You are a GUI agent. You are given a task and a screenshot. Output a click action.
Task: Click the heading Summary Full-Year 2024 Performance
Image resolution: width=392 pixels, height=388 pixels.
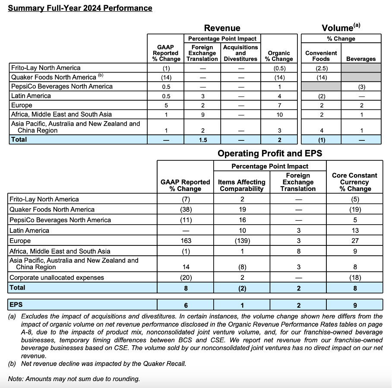pyautogui.click(x=80, y=8)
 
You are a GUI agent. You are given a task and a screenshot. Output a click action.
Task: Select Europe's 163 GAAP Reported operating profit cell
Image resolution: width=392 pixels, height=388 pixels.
pyautogui.click(x=185, y=241)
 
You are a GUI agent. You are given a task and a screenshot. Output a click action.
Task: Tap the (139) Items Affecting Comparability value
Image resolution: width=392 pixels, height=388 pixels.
pyautogui.click(x=242, y=241)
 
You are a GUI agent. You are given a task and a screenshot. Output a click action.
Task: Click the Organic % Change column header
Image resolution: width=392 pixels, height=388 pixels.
pyautogui.click(x=279, y=56)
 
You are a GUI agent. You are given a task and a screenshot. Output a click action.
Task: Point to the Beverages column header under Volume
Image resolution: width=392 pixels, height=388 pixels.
pyautogui.click(x=361, y=59)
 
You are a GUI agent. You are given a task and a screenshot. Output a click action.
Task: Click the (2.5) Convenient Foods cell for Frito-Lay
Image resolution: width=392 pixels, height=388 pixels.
pyautogui.click(x=321, y=68)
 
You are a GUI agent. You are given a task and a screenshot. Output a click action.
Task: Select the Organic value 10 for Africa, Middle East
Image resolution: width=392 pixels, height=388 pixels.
pyautogui.click(x=279, y=114)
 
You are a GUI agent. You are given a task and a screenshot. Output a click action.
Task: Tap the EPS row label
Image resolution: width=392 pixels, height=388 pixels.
pyautogui.click(x=16, y=305)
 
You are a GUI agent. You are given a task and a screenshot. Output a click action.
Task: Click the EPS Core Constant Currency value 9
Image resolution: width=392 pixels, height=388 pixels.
pyautogui.click(x=354, y=305)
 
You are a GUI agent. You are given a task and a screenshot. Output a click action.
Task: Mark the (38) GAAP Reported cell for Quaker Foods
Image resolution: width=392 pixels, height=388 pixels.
pyautogui.click(x=185, y=210)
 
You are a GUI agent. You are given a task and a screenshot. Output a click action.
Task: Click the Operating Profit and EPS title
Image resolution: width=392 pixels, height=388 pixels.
pyautogui.click(x=269, y=153)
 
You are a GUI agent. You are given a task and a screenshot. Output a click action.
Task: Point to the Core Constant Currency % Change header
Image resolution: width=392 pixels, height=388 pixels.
pyautogui.click(x=354, y=182)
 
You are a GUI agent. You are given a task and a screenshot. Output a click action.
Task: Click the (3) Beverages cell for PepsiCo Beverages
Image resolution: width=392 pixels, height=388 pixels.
pyautogui.click(x=361, y=86)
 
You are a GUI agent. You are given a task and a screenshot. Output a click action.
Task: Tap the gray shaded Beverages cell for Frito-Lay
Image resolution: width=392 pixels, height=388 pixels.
pyautogui.click(x=361, y=68)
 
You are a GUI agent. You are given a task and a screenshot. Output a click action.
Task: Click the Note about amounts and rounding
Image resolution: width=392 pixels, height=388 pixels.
pyautogui.click(x=74, y=379)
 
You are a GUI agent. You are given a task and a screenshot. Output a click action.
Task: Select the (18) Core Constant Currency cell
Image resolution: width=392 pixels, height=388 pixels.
pyautogui.click(x=354, y=277)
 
